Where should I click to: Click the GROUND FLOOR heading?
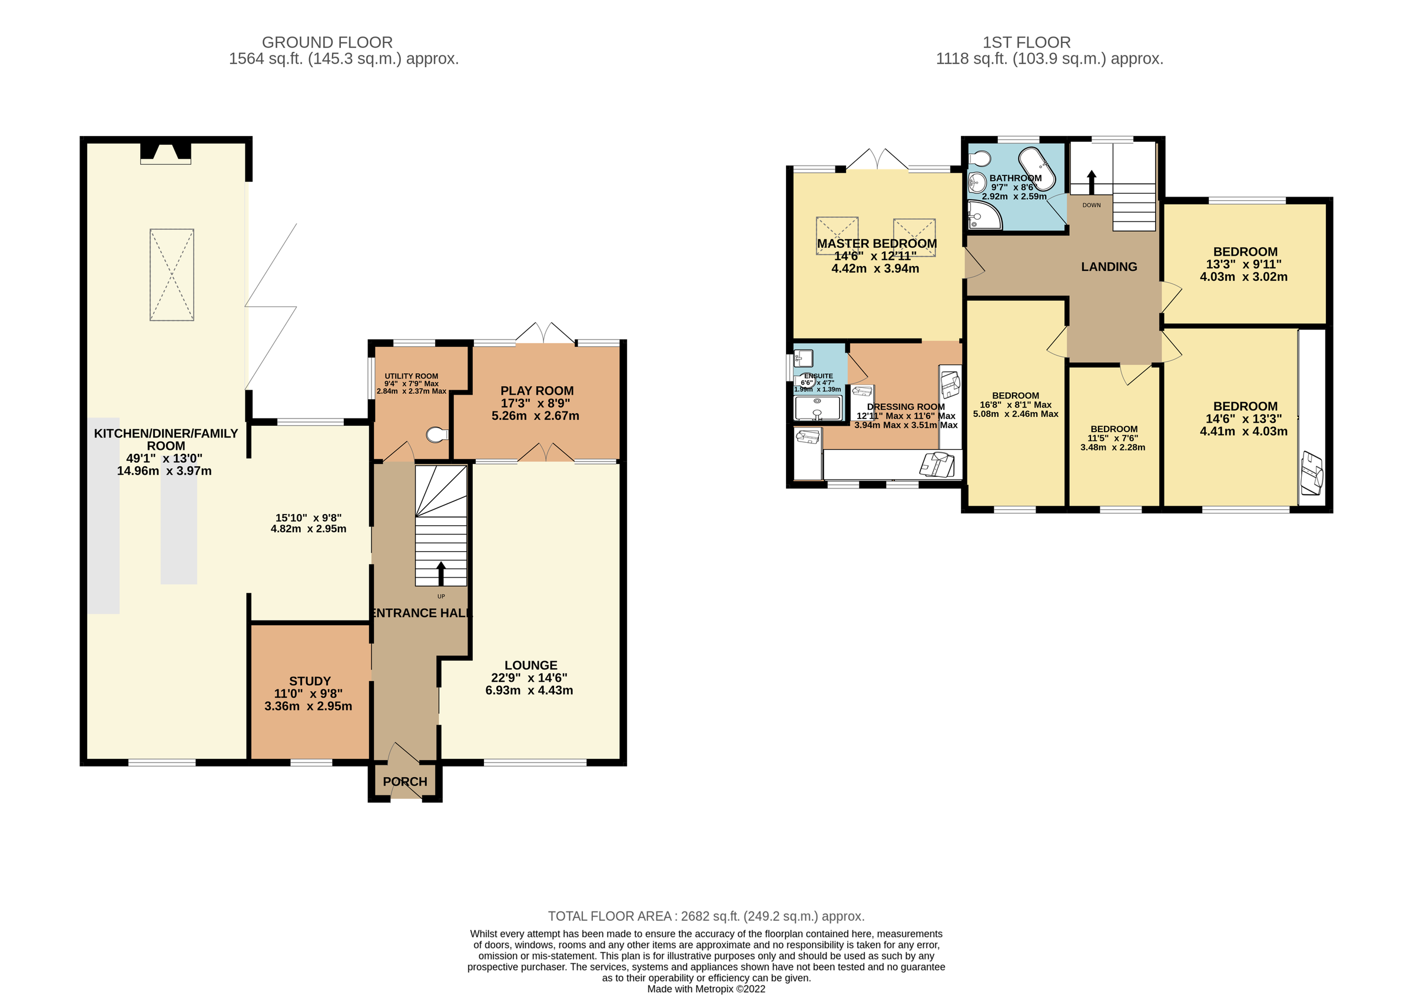click(x=327, y=42)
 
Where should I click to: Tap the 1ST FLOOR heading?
click(x=1026, y=42)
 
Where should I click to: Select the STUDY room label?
click(x=310, y=681)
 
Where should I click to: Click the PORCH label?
click(x=404, y=781)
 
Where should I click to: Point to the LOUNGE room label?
click(x=530, y=665)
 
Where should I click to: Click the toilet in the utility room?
click(x=437, y=435)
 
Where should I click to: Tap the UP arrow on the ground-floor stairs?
click(x=440, y=573)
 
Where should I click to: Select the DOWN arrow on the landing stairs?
click(x=1091, y=182)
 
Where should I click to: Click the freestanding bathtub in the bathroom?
click(x=1037, y=167)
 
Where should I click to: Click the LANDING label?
click(x=1109, y=267)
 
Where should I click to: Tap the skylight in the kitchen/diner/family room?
click(x=172, y=274)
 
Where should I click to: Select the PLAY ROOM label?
click(x=536, y=391)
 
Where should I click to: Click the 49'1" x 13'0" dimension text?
click(x=164, y=459)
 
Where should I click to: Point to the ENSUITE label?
click(x=818, y=376)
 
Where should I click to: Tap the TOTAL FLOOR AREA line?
click(x=706, y=916)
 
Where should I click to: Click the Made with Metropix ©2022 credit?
click(x=706, y=989)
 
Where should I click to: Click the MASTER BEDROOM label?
click(x=877, y=244)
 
